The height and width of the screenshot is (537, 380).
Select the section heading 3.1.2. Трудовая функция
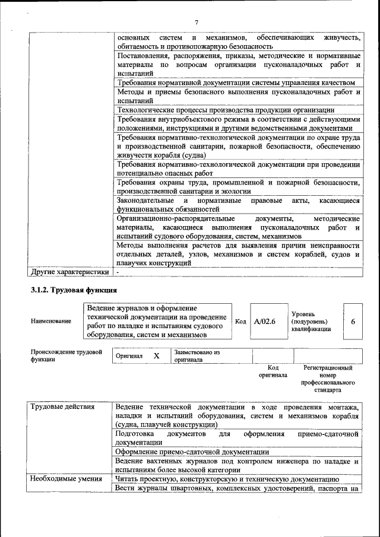click(x=74, y=290)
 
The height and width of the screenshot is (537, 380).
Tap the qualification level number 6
click(x=353, y=321)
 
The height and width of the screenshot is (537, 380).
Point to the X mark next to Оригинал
click(x=157, y=355)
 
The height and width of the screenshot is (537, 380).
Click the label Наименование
click(x=51, y=321)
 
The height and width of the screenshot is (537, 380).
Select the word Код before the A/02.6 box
click(x=240, y=321)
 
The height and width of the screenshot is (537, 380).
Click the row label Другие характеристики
click(x=70, y=272)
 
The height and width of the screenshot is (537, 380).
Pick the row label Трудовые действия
click(x=62, y=407)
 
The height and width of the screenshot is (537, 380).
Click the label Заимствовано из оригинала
click(x=197, y=356)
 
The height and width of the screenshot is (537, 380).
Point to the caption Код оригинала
click(x=273, y=371)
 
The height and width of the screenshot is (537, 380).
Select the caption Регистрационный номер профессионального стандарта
click(x=327, y=379)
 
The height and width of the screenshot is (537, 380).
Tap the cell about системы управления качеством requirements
click(x=236, y=82)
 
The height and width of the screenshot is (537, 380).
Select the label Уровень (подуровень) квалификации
click(x=311, y=321)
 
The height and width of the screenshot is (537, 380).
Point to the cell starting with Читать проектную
click(x=227, y=479)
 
